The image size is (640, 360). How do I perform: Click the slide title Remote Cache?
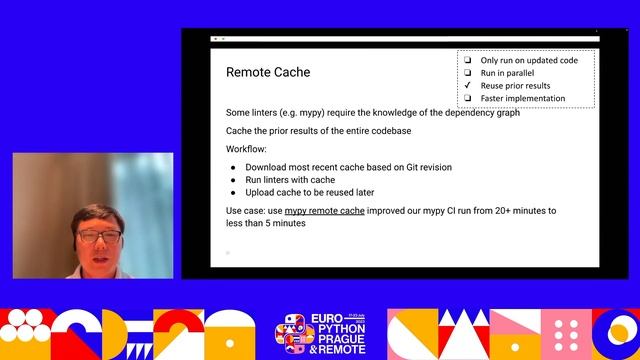pyautogui.click(x=268, y=72)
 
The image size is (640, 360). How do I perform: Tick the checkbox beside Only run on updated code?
pyautogui.click(x=467, y=60)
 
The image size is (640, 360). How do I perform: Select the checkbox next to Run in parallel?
pyautogui.click(x=467, y=73)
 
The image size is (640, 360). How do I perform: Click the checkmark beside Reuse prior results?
pyautogui.click(x=467, y=86)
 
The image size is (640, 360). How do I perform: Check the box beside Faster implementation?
pyautogui.click(x=467, y=98)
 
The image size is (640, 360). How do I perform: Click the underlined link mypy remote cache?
pyautogui.click(x=324, y=211)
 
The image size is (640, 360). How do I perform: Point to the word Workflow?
pyautogui.click(x=248, y=148)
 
